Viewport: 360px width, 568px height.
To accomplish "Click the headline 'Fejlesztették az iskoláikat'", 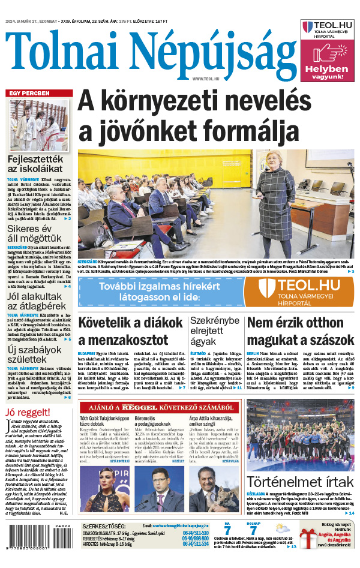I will point(34,164).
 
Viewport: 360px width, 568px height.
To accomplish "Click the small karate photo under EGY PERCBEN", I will point(39,125).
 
